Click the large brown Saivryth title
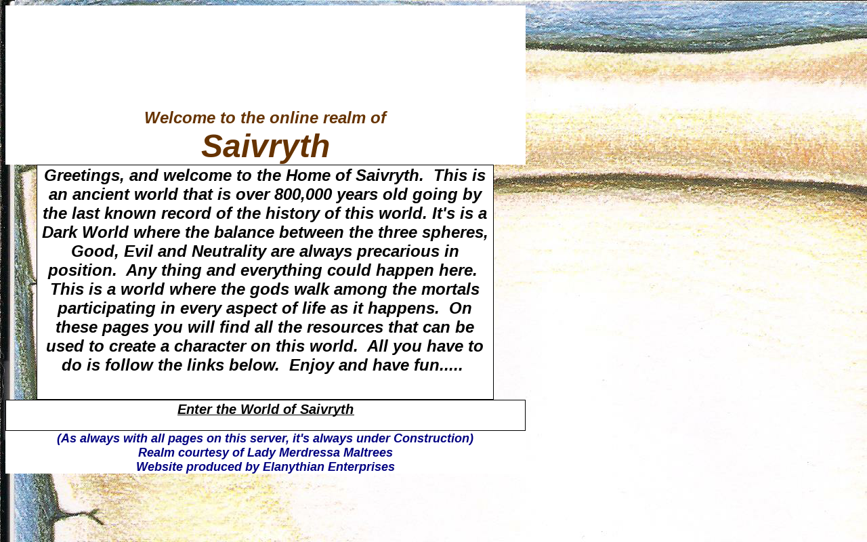[x=265, y=146]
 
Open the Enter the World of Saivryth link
[x=266, y=409]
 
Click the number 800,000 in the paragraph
[x=303, y=194]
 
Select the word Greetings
[x=84, y=175]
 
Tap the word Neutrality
[x=229, y=251]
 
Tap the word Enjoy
[x=311, y=365]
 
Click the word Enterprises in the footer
[x=362, y=467]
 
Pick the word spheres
[x=454, y=232]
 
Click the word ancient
[x=101, y=194]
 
